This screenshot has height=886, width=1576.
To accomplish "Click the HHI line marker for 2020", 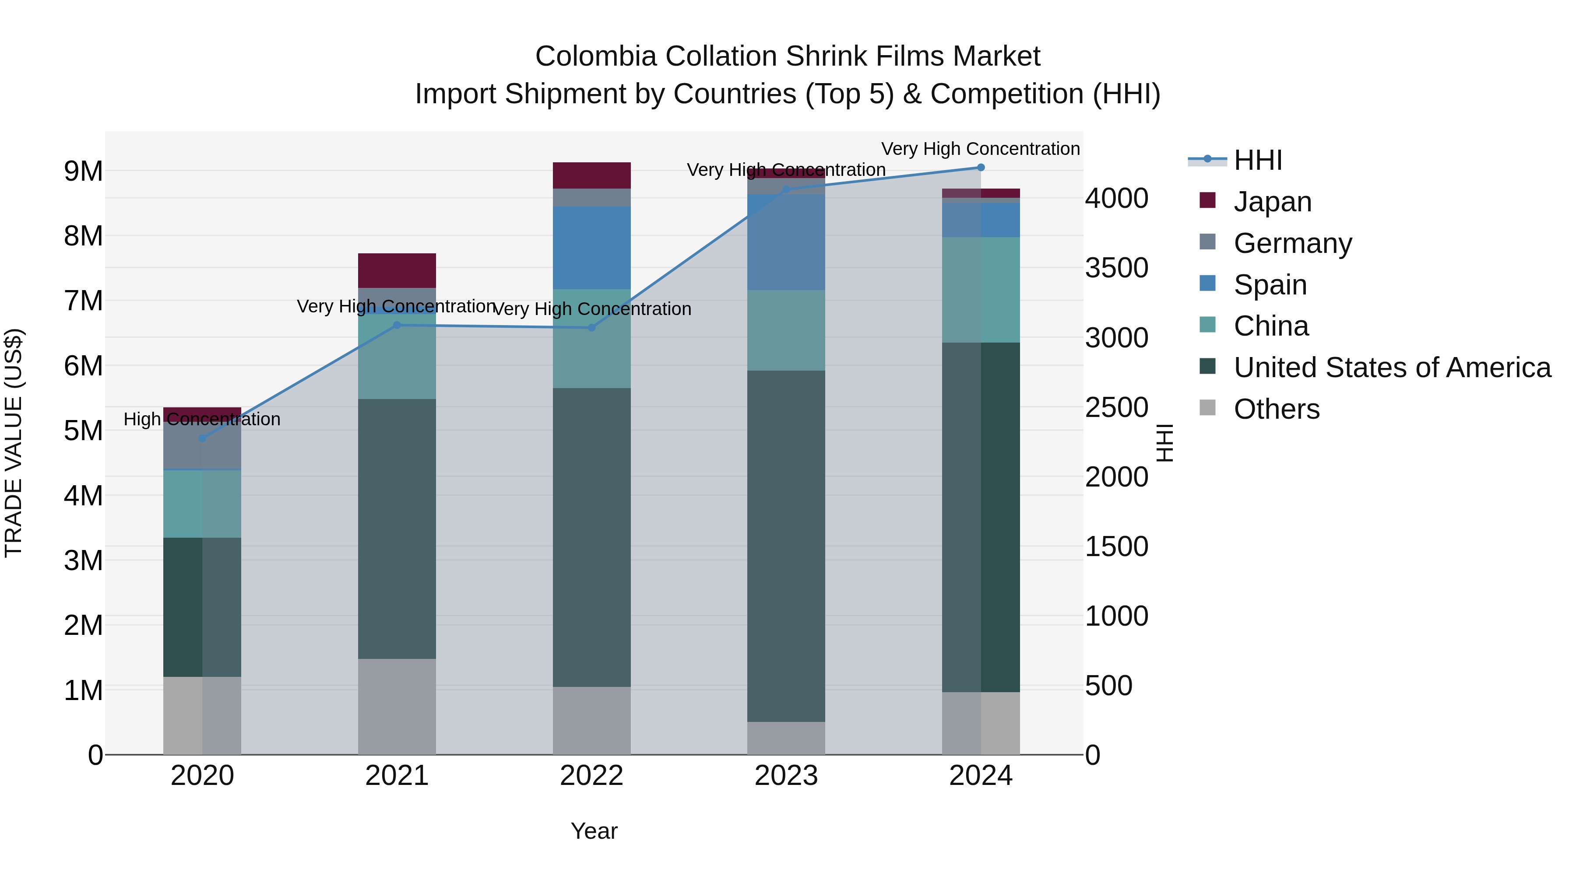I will coord(203,438).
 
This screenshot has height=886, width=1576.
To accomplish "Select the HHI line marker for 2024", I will coord(981,168).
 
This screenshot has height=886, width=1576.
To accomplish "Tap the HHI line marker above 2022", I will coord(591,328).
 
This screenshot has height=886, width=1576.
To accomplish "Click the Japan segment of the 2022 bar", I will coord(591,175).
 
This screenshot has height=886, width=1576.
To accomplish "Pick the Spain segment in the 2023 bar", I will coord(786,242).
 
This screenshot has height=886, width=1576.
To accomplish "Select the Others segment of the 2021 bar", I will coord(397,706).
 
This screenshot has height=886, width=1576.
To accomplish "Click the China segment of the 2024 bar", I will coord(981,290).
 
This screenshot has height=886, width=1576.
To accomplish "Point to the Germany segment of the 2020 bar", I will coord(203,445).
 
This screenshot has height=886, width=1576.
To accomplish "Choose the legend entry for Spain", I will coord(1270,285).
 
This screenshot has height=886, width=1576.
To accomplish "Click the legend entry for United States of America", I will coord(1392,368).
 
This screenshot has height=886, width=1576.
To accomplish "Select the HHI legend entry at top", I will coord(1257,160).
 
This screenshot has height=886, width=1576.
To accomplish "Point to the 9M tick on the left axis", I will coord(84,171).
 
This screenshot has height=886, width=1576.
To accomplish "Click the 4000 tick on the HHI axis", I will coord(1116,199).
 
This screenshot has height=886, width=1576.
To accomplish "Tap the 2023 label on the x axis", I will coord(786,776).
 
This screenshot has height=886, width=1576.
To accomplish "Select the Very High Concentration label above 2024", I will coord(980,149).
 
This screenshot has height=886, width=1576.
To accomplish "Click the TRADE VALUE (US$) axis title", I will coord(14,443).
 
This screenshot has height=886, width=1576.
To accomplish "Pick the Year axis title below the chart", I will coord(594,831).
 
